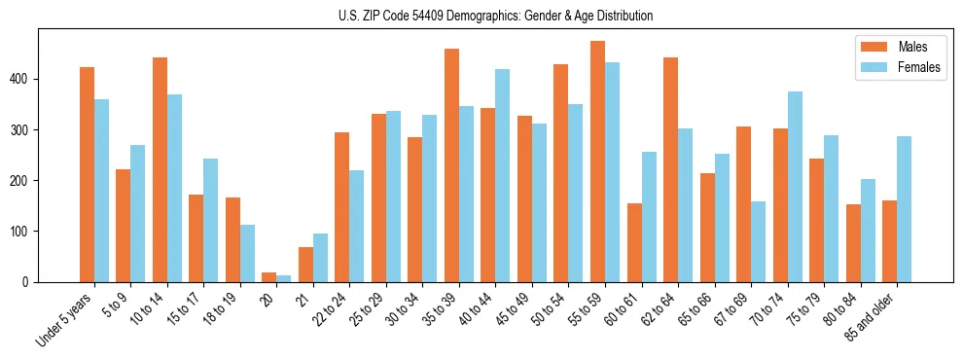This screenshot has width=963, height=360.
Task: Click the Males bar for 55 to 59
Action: [x=597, y=162]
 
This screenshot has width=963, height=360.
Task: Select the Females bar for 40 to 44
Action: [x=503, y=175]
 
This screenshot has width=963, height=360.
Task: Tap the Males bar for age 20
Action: [x=269, y=277]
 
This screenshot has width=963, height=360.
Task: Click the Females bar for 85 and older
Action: [x=904, y=209]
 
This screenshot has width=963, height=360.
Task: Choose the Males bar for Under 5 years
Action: [x=87, y=174]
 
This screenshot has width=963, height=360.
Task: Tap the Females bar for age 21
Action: [x=320, y=258]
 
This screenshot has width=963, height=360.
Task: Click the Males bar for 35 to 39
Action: [x=451, y=165]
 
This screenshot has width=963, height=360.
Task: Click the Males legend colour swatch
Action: [x=873, y=47]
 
